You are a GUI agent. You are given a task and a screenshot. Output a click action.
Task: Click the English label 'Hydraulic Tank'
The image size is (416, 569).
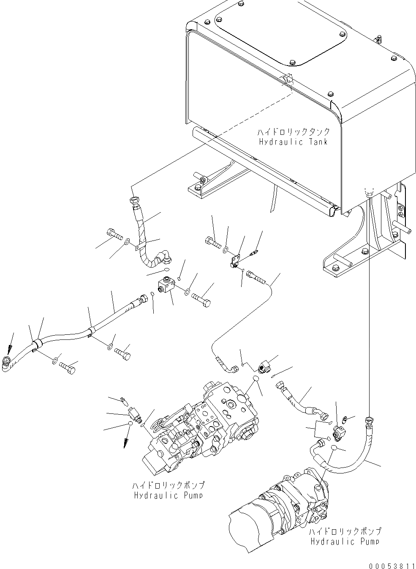coord(293,142)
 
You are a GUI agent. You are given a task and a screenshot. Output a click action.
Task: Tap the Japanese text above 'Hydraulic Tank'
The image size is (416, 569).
coord(294,132)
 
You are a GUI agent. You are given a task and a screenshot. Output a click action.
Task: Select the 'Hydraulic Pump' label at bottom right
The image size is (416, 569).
coord(345,542)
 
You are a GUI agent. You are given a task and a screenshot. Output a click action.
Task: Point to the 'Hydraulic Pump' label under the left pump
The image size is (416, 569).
coord(169,495)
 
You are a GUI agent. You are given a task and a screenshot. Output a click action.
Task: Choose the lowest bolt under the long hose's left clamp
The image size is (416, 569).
coord(68,367)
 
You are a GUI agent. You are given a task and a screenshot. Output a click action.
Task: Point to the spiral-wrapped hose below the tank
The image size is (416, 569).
coord(141,237)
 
